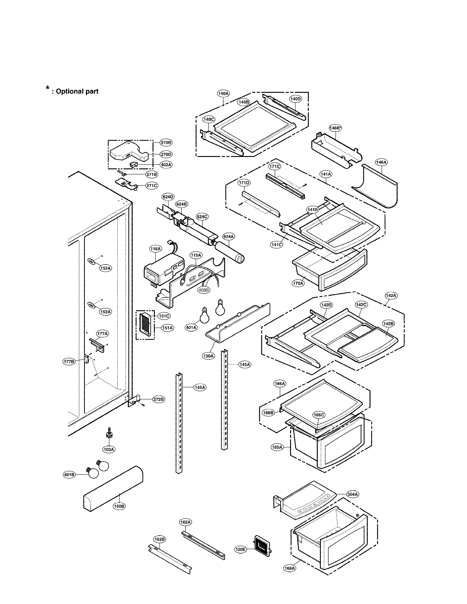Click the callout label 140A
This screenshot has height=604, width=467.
[223, 94]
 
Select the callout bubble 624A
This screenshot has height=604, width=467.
[229, 236]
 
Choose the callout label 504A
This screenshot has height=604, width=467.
[353, 494]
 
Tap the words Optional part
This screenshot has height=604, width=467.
[77, 91]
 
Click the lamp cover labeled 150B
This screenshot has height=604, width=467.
[113, 488]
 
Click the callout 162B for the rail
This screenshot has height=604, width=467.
[160, 539]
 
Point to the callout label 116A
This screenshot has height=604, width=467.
[155, 249]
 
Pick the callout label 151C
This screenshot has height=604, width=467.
[164, 316]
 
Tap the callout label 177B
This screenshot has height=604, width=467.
[69, 361]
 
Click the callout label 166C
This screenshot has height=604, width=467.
[319, 415]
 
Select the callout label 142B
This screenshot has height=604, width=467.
[388, 324]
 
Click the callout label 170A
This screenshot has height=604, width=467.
[298, 283]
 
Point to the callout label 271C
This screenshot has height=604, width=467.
[152, 186]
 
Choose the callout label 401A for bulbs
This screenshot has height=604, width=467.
[191, 327]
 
